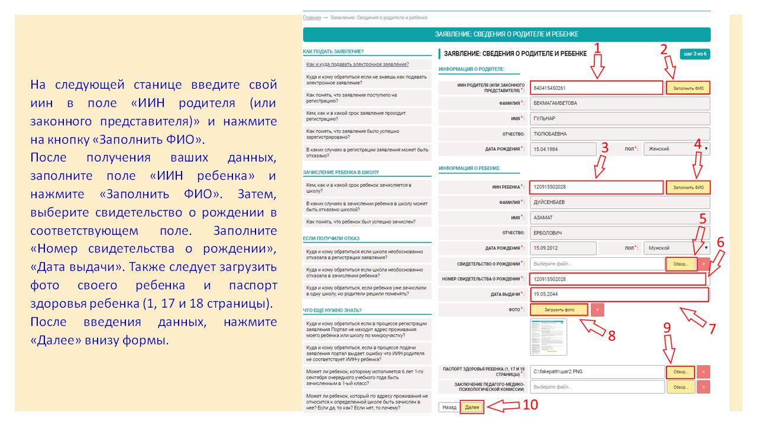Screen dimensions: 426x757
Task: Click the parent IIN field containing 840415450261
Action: (x=596, y=88)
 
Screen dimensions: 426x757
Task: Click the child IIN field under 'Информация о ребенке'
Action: (x=596, y=188)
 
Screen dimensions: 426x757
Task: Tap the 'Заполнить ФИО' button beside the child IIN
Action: (x=688, y=188)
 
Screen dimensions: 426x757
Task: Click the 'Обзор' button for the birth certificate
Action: (x=681, y=264)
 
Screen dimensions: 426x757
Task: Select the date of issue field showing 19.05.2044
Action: (x=619, y=294)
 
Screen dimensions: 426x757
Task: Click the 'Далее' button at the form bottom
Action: (x=472, y=408)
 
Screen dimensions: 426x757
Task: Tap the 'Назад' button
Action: (x=449, y=408)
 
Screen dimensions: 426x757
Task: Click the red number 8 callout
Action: (x=612, y=335)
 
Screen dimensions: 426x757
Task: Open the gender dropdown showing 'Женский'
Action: (x=677, y=149)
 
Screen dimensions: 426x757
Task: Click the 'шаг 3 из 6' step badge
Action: (x=695, y=54)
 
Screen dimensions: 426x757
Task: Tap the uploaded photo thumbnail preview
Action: (x=548, y=337)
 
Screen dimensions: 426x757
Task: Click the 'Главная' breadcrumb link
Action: (x=312, y=18)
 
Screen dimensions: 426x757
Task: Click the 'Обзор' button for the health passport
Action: (x=681, y=372)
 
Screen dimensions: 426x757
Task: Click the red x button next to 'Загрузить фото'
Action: (x=597, y=309)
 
